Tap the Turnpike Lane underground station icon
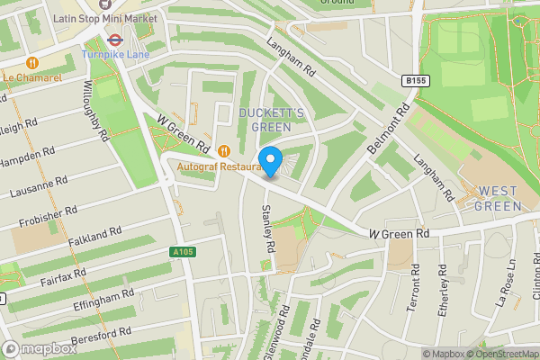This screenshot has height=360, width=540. click(x=115, y=39)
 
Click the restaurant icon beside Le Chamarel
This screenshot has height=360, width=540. click(x=33, y=63)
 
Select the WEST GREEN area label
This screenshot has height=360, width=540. click(x=498, y=198)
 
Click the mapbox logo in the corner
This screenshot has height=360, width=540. click(x=40, y=349)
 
